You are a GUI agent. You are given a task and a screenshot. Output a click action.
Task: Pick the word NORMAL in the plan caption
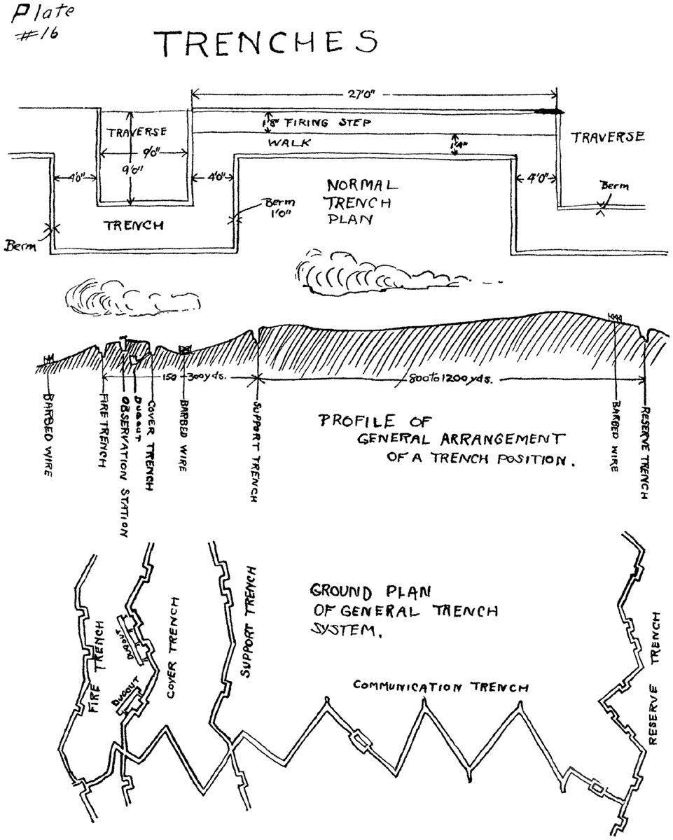click(x=361, y=187)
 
